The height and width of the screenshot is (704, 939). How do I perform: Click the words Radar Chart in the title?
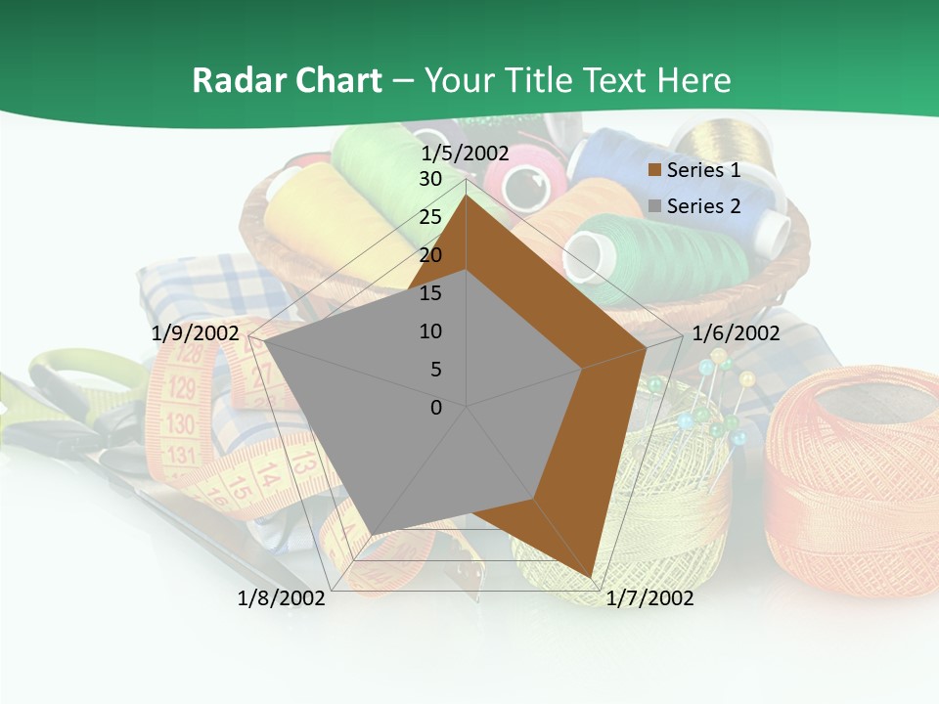[x=287, y=80]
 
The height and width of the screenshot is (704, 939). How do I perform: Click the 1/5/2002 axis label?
[x=466, y=154]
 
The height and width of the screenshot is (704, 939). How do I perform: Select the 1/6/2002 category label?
[x=736, y=333]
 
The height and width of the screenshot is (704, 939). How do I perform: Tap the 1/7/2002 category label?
[x=649, y=598]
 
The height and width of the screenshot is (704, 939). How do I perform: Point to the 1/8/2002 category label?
[x=282, y=598]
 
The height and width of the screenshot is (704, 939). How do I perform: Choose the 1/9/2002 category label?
[x=196, y=333]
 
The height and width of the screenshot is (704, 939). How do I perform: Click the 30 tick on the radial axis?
[x=430, y=179]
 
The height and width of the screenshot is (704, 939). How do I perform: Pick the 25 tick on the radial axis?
[x=430, y=217]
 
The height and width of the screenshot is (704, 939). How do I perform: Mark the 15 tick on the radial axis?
[x=430, y=293]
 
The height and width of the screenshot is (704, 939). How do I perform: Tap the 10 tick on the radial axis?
[x=430, y=331]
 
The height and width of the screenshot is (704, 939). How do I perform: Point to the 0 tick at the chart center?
[x=436, y=408]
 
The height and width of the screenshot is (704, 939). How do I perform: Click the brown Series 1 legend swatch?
[x=655, y=170]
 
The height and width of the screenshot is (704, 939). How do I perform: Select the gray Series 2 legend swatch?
[x=655, y=206]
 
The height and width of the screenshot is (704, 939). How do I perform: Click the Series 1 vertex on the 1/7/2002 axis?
[x=592, y=577]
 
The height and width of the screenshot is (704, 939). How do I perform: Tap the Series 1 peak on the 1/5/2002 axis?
[x=467, y=195]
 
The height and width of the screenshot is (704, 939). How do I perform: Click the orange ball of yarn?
[x=851, y=479]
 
